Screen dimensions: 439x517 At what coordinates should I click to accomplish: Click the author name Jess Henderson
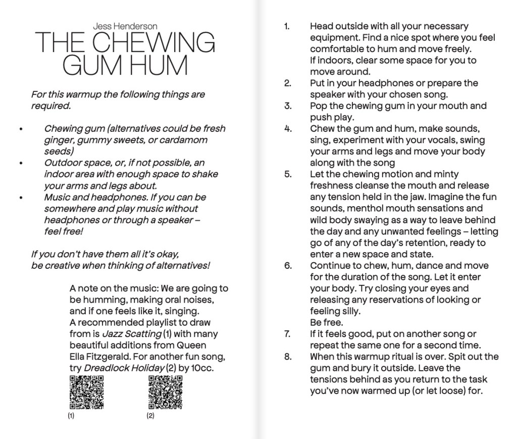click(x=125, y=26)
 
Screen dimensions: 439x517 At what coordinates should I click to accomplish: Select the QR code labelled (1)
click(x=86, y=392)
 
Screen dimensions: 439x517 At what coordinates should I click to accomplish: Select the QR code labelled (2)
click(x=165, y=392)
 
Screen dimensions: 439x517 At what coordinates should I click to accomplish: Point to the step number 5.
click(x=288, y=174)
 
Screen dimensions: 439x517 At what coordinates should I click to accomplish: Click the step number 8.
click(x=288, y=357)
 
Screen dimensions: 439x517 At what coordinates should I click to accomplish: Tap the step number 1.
click(x=287, y=26)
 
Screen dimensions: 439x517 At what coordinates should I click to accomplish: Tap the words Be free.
click(x=326, y=322)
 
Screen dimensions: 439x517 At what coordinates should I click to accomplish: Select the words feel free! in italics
click(x=63, y=231)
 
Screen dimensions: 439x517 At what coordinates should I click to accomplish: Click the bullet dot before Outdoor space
click(x=21, y=164)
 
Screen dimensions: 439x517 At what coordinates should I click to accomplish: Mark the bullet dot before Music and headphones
click(x=21, y=198)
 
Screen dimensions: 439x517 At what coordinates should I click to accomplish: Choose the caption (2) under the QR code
click(x=150, y=416)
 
